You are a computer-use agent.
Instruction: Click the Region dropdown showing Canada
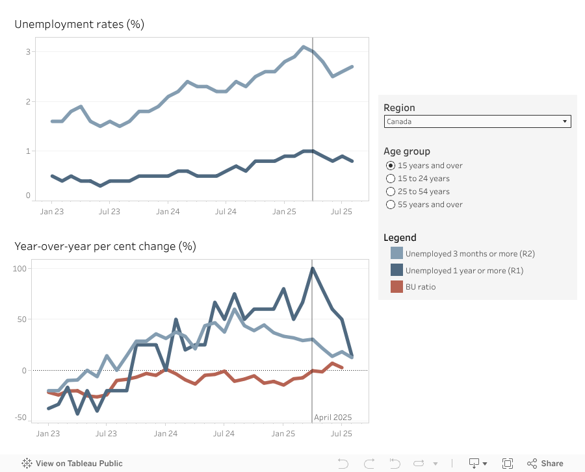click(x=477, y=121)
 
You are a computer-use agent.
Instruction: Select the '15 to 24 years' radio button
click(x=391, y=179)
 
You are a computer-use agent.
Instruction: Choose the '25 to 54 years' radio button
click(x=391, y=192)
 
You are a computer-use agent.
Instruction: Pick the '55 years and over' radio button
click(x=391, y=205)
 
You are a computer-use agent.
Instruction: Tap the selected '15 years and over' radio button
click(x=391, y=166)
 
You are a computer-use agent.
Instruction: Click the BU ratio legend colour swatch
click(x=396, y=286)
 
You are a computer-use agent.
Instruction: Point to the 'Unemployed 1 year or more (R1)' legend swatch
click(x=396, y=270)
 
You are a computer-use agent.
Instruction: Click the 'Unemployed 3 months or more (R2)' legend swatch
click(x=396, y=253)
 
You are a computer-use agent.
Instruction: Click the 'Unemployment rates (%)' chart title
click(x=79, y=24)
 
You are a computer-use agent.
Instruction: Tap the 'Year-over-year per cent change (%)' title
click(x=105, y=246)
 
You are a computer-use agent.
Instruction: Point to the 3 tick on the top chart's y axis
click(x=28, y=51)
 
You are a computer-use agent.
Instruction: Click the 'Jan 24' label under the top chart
click(x=168, y=211)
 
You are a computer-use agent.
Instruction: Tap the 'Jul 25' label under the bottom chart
click(x=342, y=433)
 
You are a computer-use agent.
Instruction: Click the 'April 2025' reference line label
click(x=333, y=417)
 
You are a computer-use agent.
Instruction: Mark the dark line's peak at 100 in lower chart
click(x=313, y=268)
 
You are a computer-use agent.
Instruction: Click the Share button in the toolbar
click(x=545, y=463)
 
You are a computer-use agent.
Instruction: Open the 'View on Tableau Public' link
click(x=72, y=464)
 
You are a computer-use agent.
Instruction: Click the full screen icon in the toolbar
click(x=508, y=463)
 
